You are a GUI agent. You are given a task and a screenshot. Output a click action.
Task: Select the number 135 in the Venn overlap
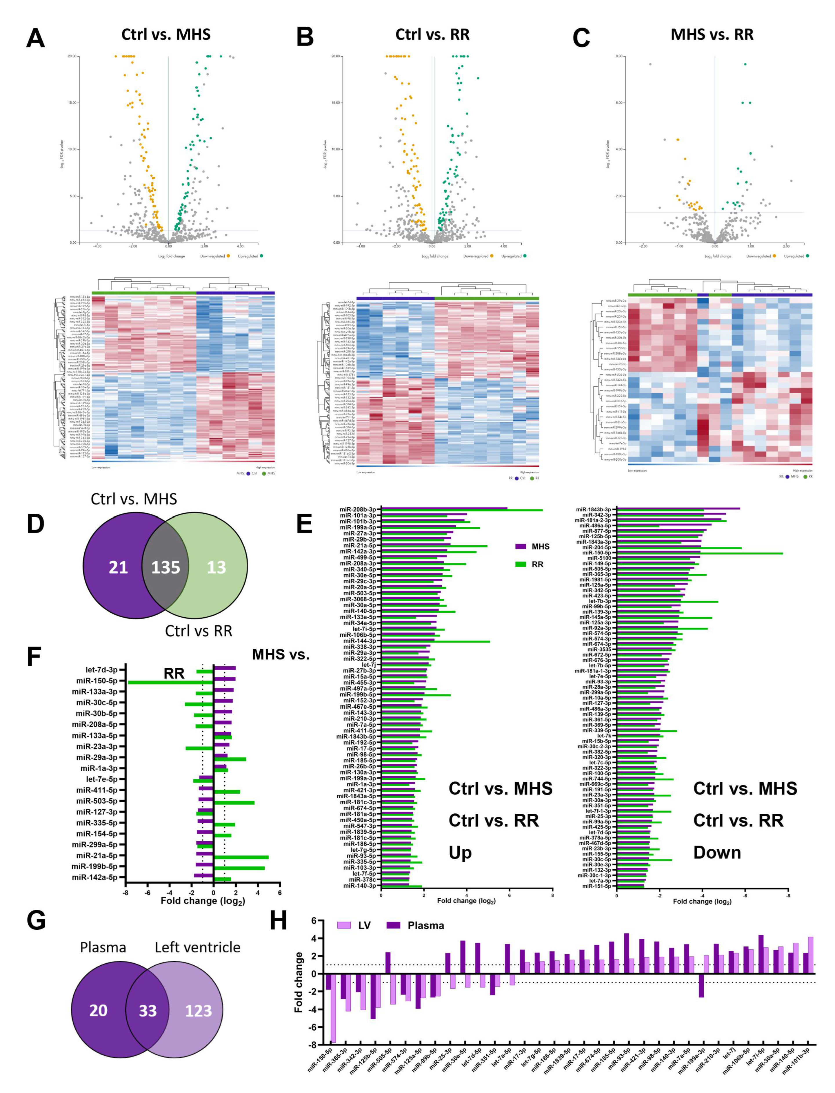pyautogui.click(x=165, y=567)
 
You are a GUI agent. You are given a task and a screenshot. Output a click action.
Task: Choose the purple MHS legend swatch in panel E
pyautogui.click(x=521, y=546)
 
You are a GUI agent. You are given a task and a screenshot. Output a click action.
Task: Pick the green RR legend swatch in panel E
pyautogui.click(x=521, y=564)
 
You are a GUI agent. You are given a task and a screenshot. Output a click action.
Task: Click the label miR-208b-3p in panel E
pyautogui.click(x=358, y=509)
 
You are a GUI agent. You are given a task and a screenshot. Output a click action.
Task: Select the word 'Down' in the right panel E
pyautogui.click(x=717, y=853)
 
